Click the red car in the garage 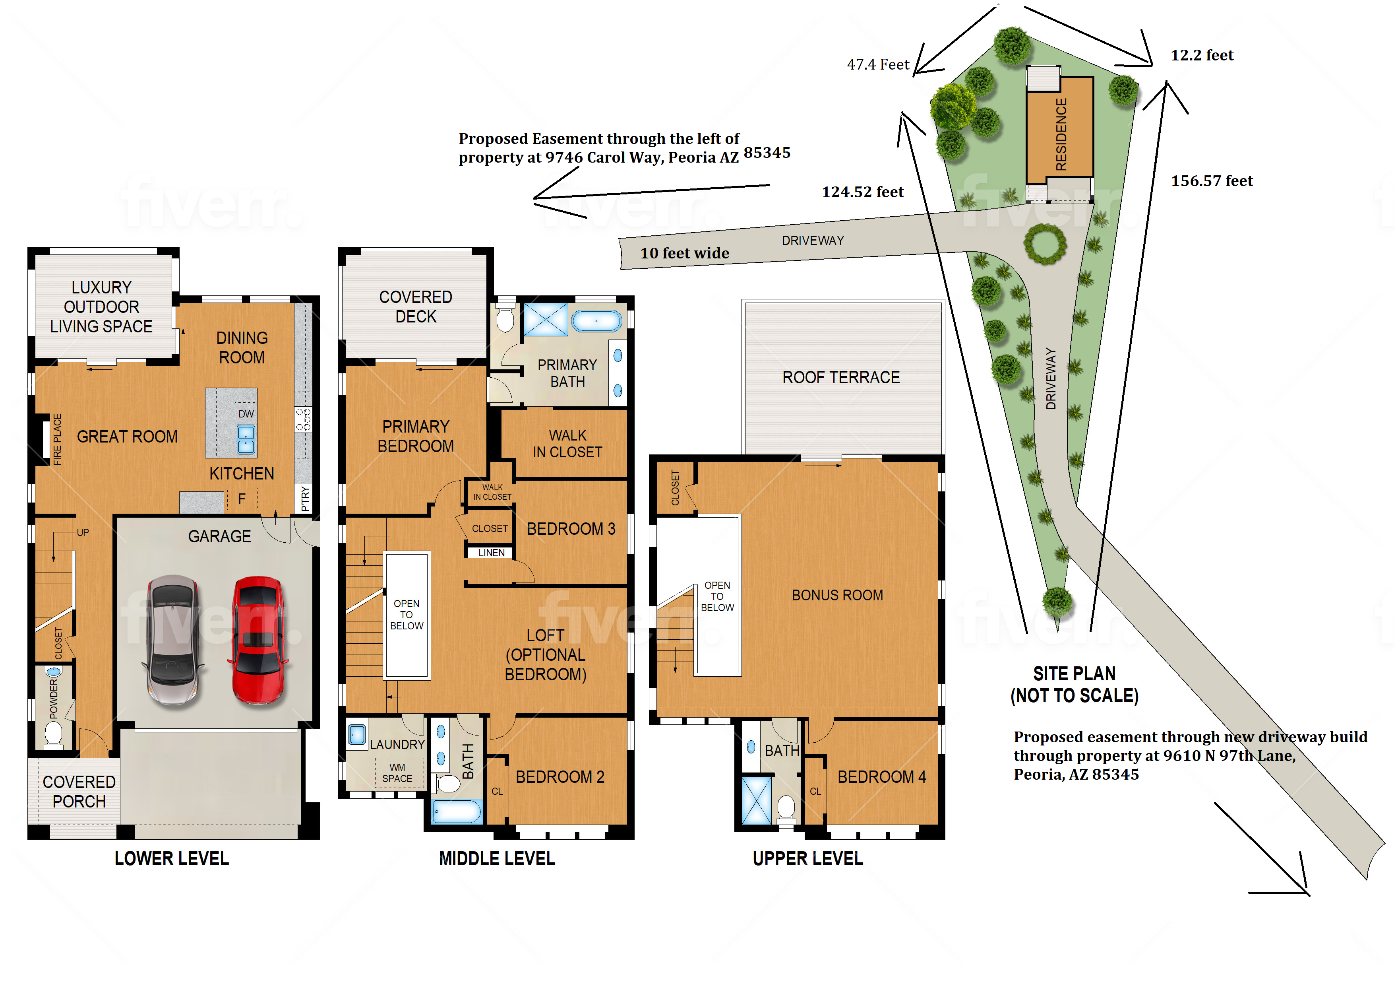tap(258, 640)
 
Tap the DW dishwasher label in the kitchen tap(246, 414)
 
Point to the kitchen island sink tap(246, 439)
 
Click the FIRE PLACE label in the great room tap(58, 439)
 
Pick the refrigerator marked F tap(242, 499)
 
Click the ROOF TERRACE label tap(841, 377)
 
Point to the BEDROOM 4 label tap(881, 776)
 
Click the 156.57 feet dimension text tap(1212, 181)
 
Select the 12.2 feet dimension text tap(1202, 55)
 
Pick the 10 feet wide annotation tap(685, 253)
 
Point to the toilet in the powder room tap(53, 734)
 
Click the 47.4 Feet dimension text tap(878, 64)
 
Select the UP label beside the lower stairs tap(83, 532)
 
